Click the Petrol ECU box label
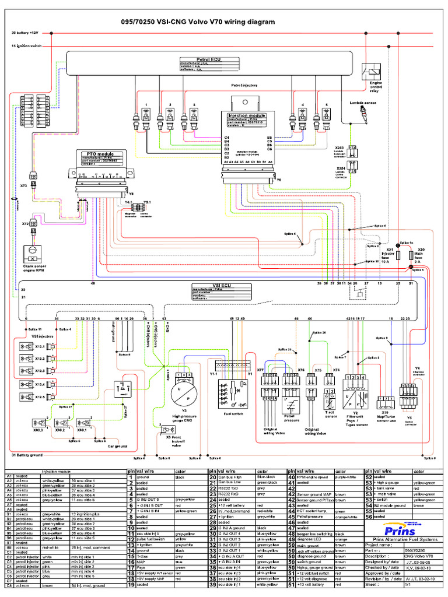point(208,59)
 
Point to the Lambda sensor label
point(362,102)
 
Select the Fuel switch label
point(232,414)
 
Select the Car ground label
point(117,446)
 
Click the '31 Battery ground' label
point(27,455)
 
